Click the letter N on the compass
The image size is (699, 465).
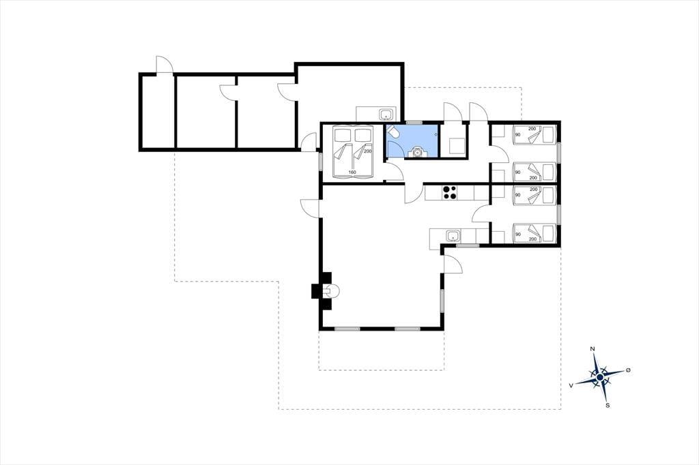pos(593,349)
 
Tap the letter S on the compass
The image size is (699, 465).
pos(608,405)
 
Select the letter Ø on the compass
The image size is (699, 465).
pos(628,370)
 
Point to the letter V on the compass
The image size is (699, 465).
pos(571,386)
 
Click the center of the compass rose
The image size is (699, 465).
pos(600,378)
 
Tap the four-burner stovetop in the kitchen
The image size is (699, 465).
pos(449,192)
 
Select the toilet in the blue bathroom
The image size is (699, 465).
pos(393,132)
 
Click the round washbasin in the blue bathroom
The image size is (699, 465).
pos(418,152)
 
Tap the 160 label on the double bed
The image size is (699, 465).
pos(352,172)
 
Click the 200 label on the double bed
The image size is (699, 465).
pos(367,151)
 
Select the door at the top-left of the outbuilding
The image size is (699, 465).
pos(164,65)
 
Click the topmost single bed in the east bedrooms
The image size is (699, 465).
pos(534,134)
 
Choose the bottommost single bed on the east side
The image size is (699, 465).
pos(534,233)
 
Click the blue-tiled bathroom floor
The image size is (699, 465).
pos(412,140)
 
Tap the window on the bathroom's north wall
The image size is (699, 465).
pos(414,122)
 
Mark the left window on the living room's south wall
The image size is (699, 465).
pos(347,329)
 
